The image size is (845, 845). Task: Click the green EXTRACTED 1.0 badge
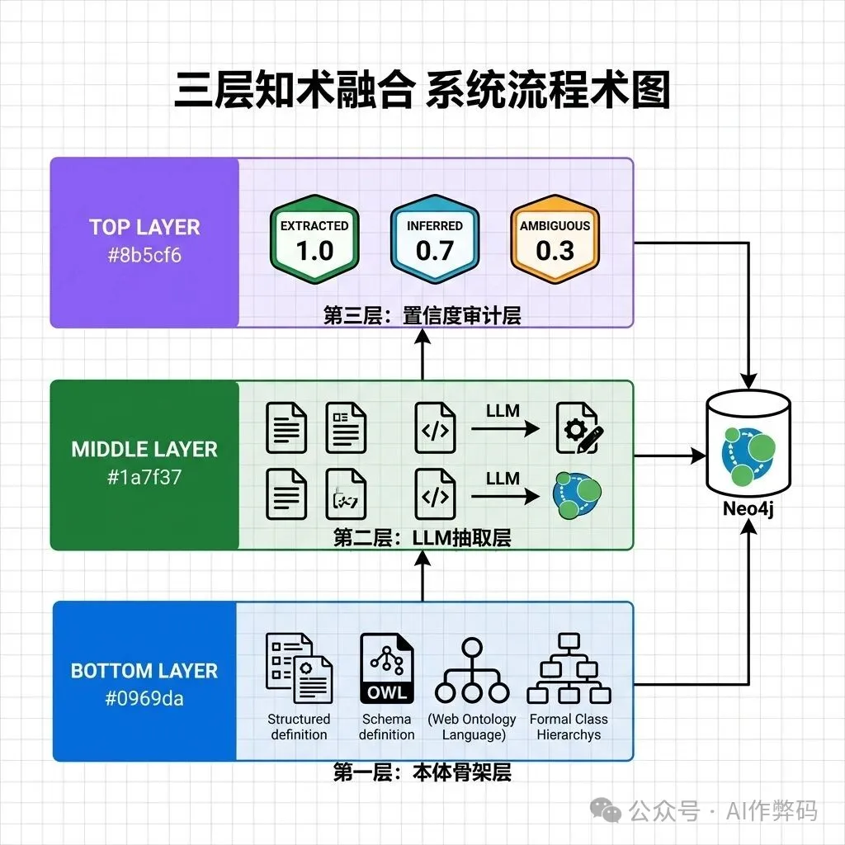pyautogui.click(x=314, y=239)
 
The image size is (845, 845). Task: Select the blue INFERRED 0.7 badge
pyautogui.click(x=434, y=239)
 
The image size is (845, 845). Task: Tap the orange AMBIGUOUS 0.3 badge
pyautogui.click(x=555, y=239)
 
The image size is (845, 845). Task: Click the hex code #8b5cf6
pyautogui.click(x=144, y=255)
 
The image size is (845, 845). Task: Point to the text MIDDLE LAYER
pyautogui.click(x=144, y=450)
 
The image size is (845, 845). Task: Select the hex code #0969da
pyautogui.click(x=144, y=699)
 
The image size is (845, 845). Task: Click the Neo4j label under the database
pyautogui.click(x=748, y=510)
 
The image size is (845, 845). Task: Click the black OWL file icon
pyautogui.click(x=386, y=668)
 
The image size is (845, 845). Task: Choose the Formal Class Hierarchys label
pyautogui.click(x=569, y=727)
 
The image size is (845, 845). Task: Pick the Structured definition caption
pyautogui.click(x=299, y=727)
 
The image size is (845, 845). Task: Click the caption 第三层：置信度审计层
pyautogui.click(x=422, y=315)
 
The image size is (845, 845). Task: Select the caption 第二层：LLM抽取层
pyautogui.click(x=422, y=538)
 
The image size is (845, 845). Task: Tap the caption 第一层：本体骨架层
pyautogui.click(x=422, y=772)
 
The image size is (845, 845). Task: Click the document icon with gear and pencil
pyautogui.click(x=577, y=427)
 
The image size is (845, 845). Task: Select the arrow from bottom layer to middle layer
pyautogui.click(x=422, y=576)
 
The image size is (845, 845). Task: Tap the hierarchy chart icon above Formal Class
pyautogui.click(x=569, y=668)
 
